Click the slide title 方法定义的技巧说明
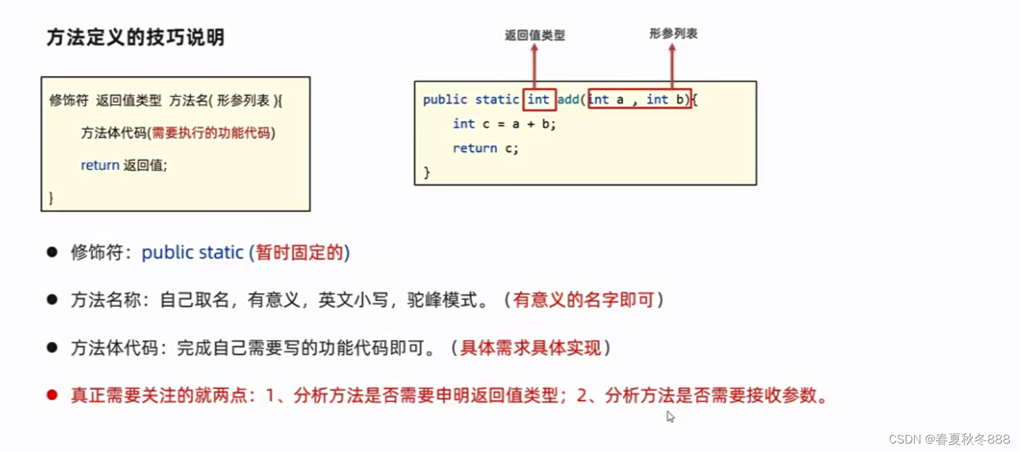coord(136,38)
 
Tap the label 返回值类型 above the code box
coord(535,35)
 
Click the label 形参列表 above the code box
coord(673,33)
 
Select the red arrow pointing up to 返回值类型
coord(535,65)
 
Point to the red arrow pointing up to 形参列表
coord(672,65)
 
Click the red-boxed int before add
coord(538,100)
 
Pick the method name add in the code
coord(568,100)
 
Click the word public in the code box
coord(445,100)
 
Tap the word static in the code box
coord(496,100)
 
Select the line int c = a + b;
coord(504,124)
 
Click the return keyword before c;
coord(474,148)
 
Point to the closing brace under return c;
coord(427,172)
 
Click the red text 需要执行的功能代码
coord(211,133)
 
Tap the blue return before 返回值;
coord(100,166)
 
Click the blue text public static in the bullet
coord(193,252)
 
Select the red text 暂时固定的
coord(299,252)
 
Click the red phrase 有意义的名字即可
coord(583,300)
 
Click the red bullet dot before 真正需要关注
coord(52,395)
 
